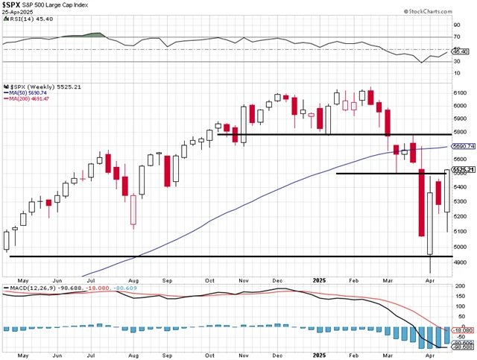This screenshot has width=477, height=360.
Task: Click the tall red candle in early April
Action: tap(421, 203)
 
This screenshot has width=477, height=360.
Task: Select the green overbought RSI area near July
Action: tap(93, 34)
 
